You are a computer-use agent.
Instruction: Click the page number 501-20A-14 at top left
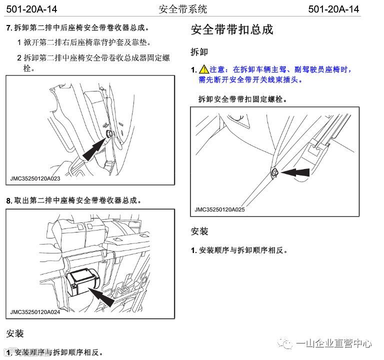pyautogui.click(x=31, y=9)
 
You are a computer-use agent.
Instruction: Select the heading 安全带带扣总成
pyautogui.click(x=232, y=30)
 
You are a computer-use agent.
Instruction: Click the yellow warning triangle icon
pyautogui.click(x=203, y=70)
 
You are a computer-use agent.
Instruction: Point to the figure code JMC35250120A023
pyautogui.click(x=35, y=177)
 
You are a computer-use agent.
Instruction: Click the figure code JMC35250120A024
pyautogui.click(x=35, y=312)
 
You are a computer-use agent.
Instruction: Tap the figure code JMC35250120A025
pyautogui.click(x=220, y=210)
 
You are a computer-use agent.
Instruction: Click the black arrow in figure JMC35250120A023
pyautogui.click(x=94, y=148)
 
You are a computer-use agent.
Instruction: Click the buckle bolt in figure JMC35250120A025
pyautogui.click(x=274, y=173)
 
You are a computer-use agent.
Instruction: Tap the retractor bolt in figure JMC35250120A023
pyautogui.click(x=109, y=134)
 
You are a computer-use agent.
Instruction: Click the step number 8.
pyautogui.click(x=9, y=200)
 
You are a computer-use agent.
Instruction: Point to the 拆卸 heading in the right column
pyautogui.click(x=199, y=52)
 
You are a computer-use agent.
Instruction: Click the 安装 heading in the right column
pyautogui.click(x=199, y=231)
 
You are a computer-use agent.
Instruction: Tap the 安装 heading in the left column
pyautogui.click(x=14, y=333)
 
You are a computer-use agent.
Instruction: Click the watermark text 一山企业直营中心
pyautogui.click(x=334, y=343)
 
